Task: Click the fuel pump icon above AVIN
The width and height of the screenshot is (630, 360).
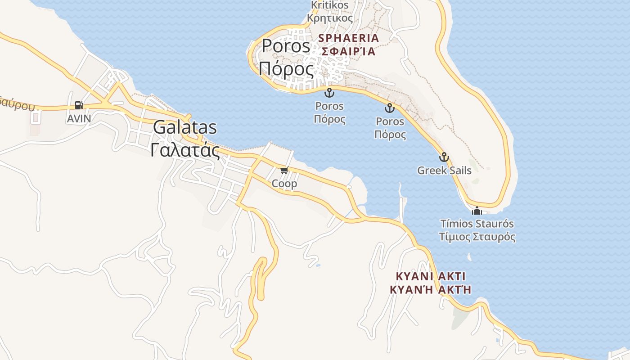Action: pyautogui.click(x=79, y=105)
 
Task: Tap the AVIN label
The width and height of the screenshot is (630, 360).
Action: pyautogui.click(x=79, y=119)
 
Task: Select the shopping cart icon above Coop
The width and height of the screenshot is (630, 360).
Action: pyautogui.click(x=284, y=170)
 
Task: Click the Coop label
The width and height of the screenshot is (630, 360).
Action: pyautogui.click(x=284, y=184)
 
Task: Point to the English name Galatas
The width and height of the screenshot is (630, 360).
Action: pyautogui.click(x=184, y=127)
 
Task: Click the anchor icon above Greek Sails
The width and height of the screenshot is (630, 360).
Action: pyautogui.click(x=444, y=157)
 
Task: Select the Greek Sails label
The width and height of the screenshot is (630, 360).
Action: pyautogui.click(x=444, y=171)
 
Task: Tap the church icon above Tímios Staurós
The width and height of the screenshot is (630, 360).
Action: pyautogui.click(x=477, y=210)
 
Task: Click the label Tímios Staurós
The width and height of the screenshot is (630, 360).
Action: pyautogui.click(x=477, y=224)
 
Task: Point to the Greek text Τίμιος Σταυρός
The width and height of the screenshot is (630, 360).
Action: pyautogui.click(x=477, y=237)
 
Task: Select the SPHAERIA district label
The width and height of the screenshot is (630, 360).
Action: pyautogui.click(x=349, y=38)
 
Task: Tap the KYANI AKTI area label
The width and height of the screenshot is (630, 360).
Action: pyautogui.click(x=431, y=276)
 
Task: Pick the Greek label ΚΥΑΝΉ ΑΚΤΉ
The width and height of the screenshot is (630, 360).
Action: pyautogui.click(x=431, y=289)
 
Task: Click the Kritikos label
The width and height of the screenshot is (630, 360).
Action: pyautogui.click(x=330, y=5)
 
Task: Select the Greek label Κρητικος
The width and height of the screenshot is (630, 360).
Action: pyautogui.click(x=330, y=18)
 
